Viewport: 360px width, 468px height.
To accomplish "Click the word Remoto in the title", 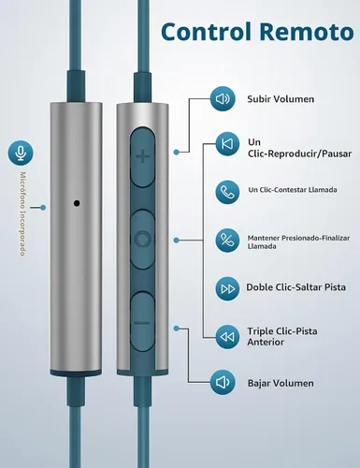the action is point(307,32).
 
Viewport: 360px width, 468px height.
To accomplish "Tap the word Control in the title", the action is point(206,32).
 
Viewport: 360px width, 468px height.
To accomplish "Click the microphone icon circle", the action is point(21,153).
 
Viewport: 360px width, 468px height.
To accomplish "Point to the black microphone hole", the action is point(77,203).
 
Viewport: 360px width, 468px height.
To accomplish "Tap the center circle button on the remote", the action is point(142,240).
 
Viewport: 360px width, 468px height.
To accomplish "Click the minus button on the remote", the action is point(142,323).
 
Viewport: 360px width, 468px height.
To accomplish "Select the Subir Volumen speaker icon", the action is point(223,99).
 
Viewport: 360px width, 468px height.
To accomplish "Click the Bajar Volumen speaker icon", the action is point(223,383).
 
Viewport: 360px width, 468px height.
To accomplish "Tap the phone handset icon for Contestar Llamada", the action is point(227,192).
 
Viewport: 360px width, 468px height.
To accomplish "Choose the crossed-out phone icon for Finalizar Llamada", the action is point(227,241).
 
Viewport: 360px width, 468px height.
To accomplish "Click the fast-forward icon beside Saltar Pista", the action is point(227,289).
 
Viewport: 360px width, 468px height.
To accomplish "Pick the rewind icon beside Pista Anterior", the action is point(227,337).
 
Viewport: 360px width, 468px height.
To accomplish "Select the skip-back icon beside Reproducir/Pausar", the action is point(227,144).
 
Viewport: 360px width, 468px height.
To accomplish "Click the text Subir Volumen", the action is point(281,99).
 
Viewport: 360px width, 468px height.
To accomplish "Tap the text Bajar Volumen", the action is point(281,383).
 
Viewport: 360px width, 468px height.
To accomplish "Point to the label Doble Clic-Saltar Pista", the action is point(296,287).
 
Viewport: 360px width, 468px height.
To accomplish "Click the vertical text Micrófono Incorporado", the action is point(22,213).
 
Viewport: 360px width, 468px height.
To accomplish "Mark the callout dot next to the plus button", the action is point(177,153).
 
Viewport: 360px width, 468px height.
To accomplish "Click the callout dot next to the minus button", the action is point(177,329).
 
